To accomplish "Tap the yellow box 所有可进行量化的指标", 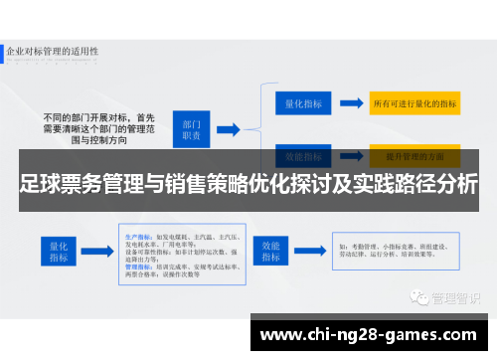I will pyautogui.click(x=414, y=102).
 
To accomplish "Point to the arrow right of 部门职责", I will pyautogui.click(x=228, y=127).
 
